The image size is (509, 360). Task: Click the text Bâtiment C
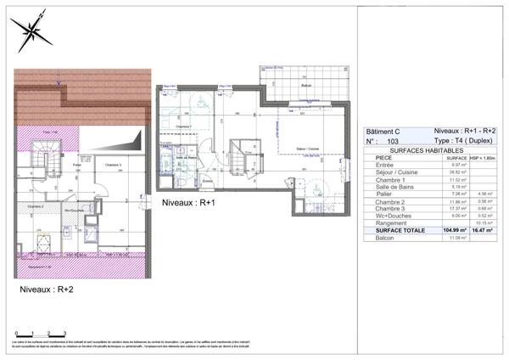(x=382, y=132)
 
